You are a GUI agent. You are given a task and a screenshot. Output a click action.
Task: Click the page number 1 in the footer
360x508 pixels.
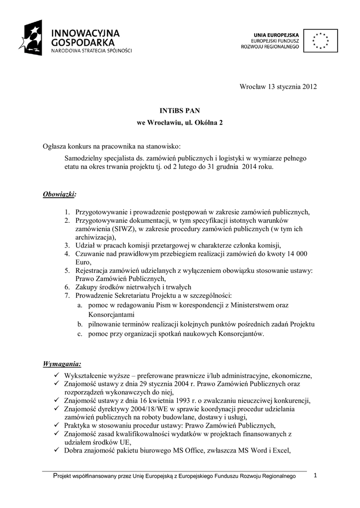(x=315, y=476)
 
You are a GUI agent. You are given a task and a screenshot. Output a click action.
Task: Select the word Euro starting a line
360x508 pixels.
(x=83, y=262)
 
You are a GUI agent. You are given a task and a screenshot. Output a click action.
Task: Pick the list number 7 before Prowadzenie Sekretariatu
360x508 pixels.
(x=67, y=296)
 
